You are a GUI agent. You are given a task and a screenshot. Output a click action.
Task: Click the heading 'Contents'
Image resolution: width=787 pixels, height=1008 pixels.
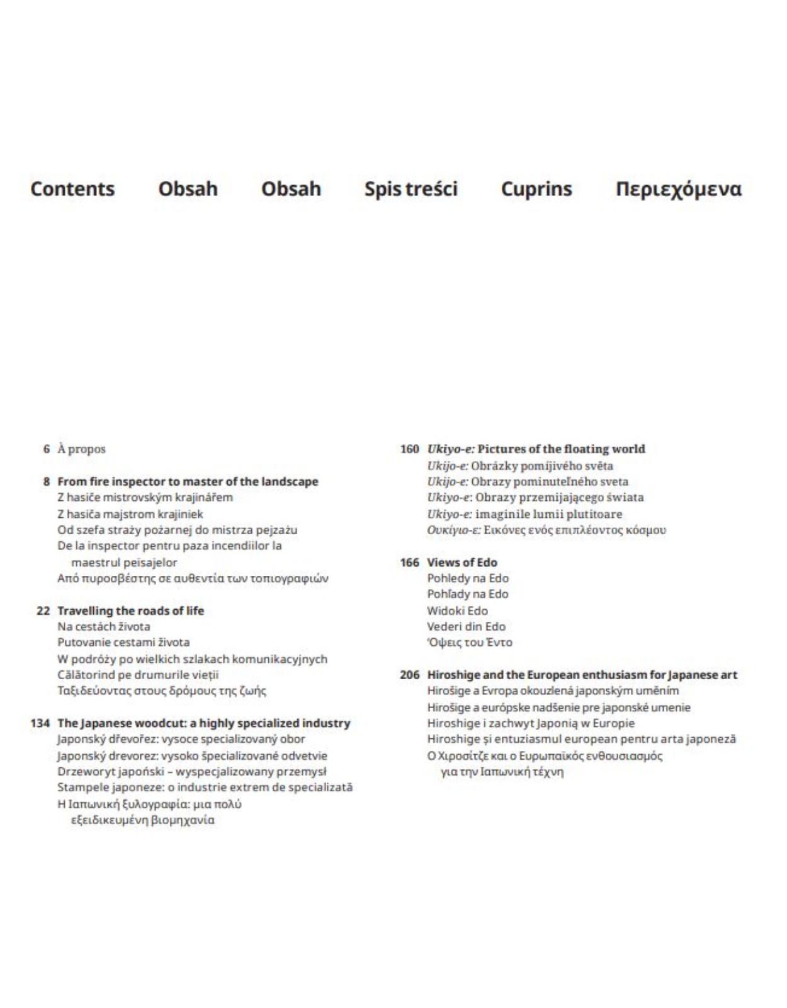click(x=72, y=189)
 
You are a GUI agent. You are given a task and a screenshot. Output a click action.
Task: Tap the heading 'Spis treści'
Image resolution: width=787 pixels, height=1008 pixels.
click(x=410, y=189)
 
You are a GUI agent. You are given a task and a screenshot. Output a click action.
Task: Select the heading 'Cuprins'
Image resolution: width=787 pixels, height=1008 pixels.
click(x=536, y=189)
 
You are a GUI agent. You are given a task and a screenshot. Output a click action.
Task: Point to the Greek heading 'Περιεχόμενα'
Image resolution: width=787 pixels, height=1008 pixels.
click(x=678, y=189)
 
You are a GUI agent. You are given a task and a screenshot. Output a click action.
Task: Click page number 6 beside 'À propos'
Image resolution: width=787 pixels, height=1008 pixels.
click(x=47, y=449)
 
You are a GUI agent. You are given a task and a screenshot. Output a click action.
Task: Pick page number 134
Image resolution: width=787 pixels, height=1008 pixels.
click(x=40, y=723)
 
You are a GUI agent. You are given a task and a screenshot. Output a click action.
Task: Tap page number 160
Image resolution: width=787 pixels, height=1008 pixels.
click(x=409, y=449)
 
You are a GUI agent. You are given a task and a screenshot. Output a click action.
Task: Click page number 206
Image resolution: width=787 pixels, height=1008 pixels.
click(x=409, y=675)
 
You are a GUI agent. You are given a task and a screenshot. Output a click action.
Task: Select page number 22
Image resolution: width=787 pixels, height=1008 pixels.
click(x=43, y=610)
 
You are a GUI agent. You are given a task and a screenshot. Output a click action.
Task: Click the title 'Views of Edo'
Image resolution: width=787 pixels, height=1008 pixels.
click(x=462, y=563)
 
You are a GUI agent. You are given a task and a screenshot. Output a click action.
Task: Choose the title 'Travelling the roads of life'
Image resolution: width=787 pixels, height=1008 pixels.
click(x=130, y=610)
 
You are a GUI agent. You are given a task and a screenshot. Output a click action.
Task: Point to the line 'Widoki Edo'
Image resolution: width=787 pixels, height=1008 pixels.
click(x=457, y=610)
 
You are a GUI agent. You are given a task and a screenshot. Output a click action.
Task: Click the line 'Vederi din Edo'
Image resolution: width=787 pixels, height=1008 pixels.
click(x=466, y=626)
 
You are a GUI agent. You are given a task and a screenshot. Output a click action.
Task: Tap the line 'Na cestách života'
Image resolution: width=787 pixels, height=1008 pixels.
click(x=104, y=626)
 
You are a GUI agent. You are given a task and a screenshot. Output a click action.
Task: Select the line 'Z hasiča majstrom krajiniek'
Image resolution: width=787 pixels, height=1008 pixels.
click(x=130, y=513)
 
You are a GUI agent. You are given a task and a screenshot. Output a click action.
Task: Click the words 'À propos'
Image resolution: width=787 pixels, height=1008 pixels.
click(x=82, y=449)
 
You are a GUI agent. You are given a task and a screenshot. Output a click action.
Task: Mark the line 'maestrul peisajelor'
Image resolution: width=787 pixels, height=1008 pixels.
click(x=124, y=562)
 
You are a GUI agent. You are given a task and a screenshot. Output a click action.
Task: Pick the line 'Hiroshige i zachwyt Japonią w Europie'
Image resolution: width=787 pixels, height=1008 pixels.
click(x=531, y=723)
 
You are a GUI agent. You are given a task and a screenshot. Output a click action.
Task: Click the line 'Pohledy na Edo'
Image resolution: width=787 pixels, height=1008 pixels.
click(x=468, y=578)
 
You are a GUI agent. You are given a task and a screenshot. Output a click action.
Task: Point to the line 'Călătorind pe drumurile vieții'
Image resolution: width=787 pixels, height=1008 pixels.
click(x=138, y=675)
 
